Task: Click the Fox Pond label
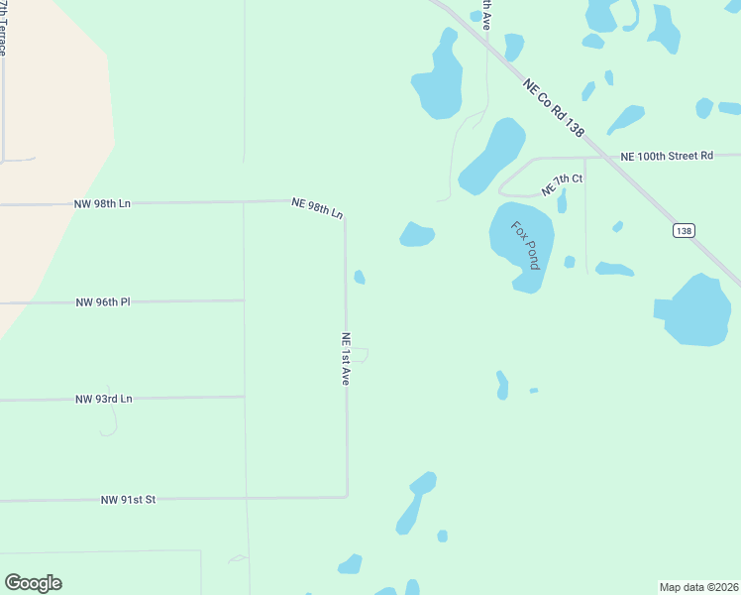pos(525,245)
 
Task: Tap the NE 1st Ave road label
pos(346,358)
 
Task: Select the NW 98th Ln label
pos(102,203)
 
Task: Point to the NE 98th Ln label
pos(317,207)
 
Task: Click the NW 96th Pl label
pos(103,301)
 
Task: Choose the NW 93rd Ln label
pos(104,399)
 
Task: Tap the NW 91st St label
pos(129,500)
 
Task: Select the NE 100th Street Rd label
pos(667,156)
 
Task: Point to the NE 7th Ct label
pos(562,183)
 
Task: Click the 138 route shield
pos(683,230)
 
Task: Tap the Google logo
pos(33,583)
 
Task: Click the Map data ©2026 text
pos(698,587)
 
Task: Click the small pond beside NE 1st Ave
pos(360,277)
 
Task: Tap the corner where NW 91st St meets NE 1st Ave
pos(347,496)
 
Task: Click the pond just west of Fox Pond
pos(417,234)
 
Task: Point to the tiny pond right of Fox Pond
pos(570,262)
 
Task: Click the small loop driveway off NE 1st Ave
pos(364,354)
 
